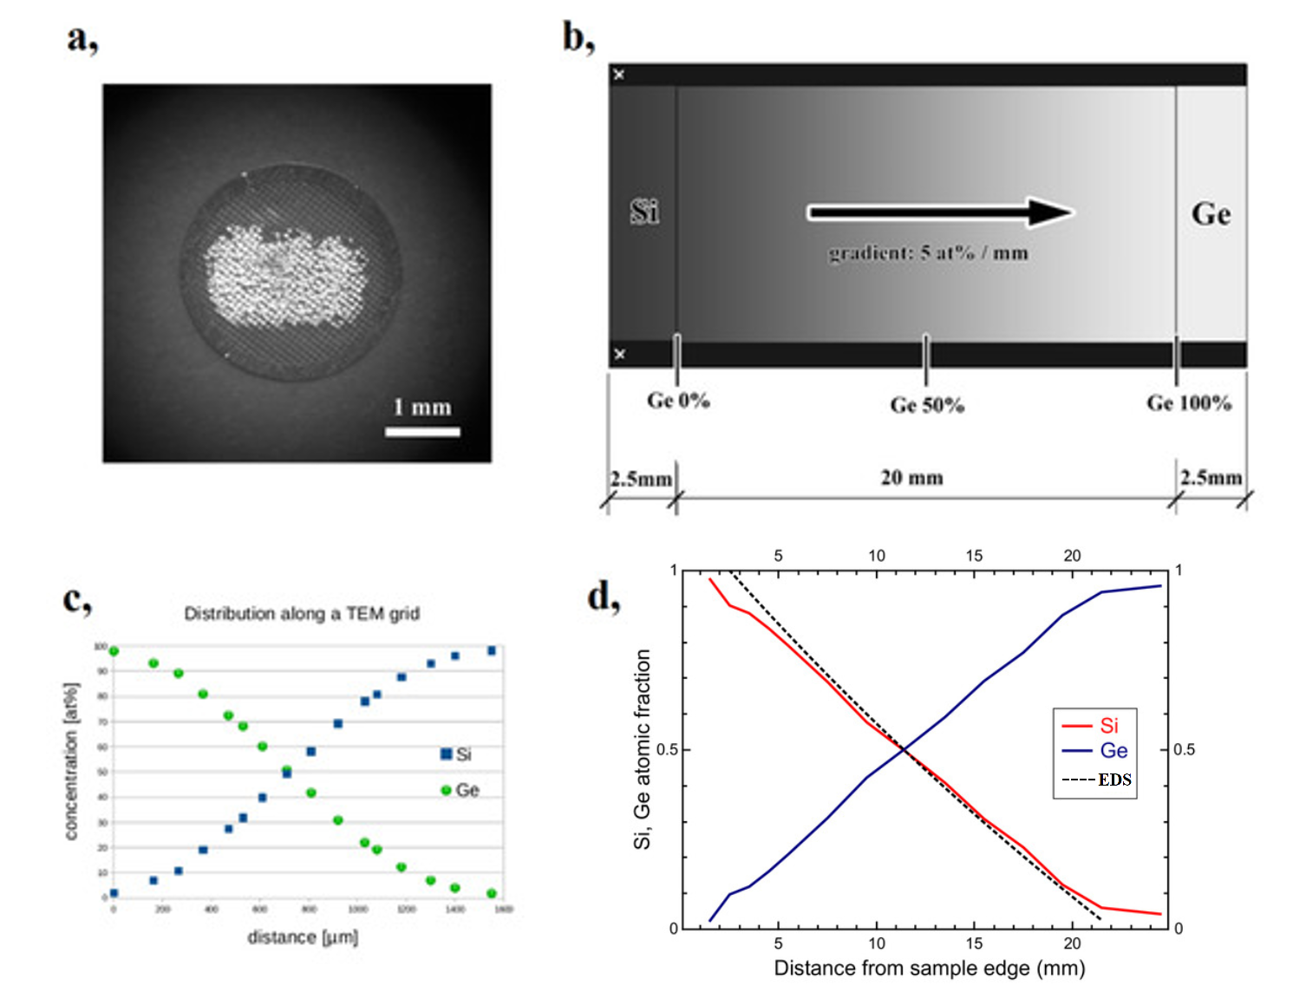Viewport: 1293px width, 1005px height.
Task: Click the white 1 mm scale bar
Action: pyautogui.click(x=422, y=431)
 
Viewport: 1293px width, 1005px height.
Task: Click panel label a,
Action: pyautogui.click(x=82, y=38)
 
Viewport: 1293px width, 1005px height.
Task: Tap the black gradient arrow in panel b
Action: pyautogui.click(x=940, y=212)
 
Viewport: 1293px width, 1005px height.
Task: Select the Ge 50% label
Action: pyautogui.click(x=927, y=405)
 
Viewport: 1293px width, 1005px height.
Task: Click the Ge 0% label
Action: pyautogui.click(x=678, y=401)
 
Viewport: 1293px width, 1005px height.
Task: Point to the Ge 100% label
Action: pyautogui.click(x=1189, y=403)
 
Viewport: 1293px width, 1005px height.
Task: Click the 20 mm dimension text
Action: pyautogui.click(x=911, y=478)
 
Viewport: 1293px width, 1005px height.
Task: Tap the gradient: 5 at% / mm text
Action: pyautogui.click(x=928, y=253)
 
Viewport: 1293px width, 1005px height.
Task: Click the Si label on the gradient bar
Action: pyautogui.click(x=644, y=212)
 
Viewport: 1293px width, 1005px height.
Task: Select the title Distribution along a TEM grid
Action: pyautogui.click(x=302, y=614)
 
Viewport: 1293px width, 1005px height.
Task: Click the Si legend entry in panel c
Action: pyautogui.click(x=457, y=754)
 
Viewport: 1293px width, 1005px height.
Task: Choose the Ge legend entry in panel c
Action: pyautogui.click(x=460, y=790)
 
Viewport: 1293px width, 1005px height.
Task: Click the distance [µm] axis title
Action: pyautogui.click(x=303, y=937)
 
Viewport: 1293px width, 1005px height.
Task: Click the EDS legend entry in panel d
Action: pyautogui.click(x=1097, y=780)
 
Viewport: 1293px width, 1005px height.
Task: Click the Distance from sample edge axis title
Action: pyautogui.click(x=929, y=968)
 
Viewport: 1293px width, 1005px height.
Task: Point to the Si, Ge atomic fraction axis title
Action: pyautogui.click(x=643, y=749)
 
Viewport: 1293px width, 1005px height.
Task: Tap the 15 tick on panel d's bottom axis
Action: pyautogui.click(x=975, y=943)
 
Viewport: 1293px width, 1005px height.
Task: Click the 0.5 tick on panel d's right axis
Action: pyautogui.click(x=1184, y=749)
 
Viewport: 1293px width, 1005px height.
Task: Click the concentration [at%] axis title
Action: pyautogui.click(x=71, y=761)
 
